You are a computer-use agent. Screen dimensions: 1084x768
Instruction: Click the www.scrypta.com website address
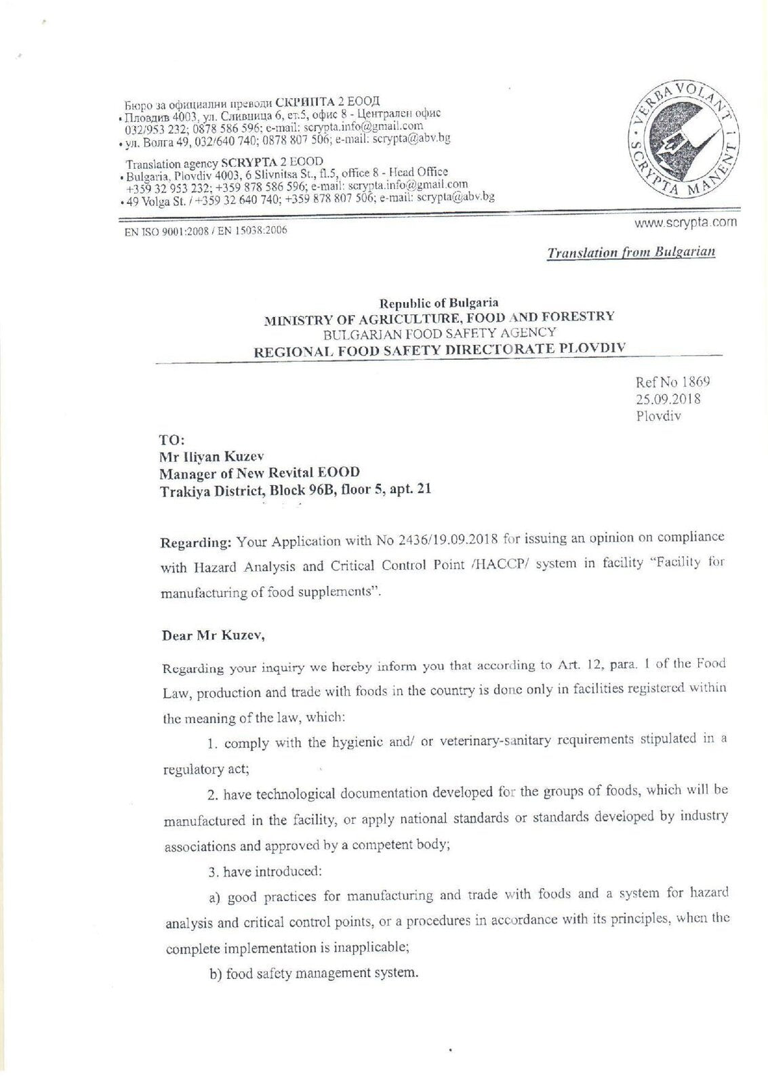685,222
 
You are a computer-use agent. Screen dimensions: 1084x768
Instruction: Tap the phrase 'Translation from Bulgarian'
631,253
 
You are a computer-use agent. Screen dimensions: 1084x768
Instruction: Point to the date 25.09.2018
668,399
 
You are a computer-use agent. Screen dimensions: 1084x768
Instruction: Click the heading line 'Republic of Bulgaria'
439,303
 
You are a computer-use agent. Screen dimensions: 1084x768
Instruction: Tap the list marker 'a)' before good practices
216,898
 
